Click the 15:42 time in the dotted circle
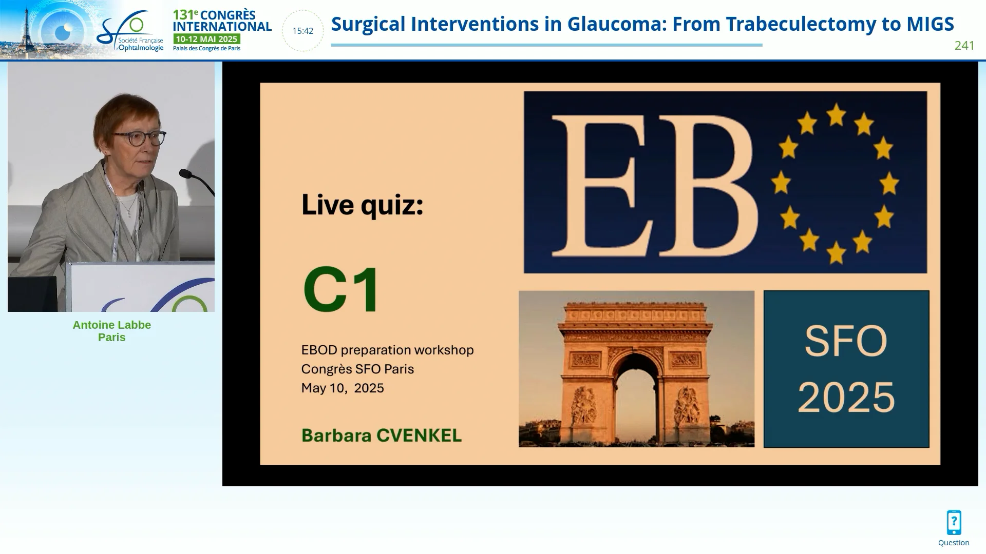[x=302, y=31]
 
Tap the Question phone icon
[x=954, y=523]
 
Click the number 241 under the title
[x=964, y=46]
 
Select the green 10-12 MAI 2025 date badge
[x=206, y=39]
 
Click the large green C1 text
[x=342, y=289]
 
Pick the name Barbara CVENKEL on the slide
[x=382, y=436]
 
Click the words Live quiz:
[x=363, y=205]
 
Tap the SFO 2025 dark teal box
[x=846, y=369]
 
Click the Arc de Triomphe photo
[x=636, y=369]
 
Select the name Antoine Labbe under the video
[x=112, y=325]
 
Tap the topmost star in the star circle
[x=836, y=114]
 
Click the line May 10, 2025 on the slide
[x=343, y=388]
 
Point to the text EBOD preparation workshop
[x=388, y=350]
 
